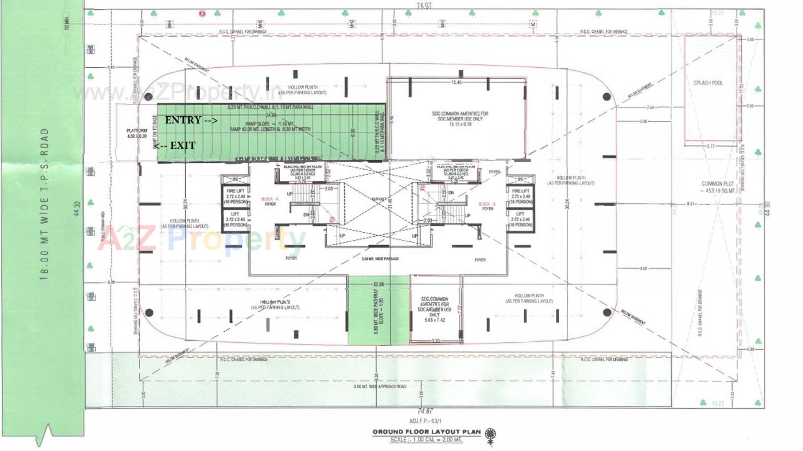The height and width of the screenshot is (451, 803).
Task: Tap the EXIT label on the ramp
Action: pyautogui.click(x=175, y=146)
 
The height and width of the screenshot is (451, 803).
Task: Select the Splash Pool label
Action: pyautogui.click(x=708, y=83)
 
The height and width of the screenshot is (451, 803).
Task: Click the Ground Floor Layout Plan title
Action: pyautogui.click(x=427, y=432)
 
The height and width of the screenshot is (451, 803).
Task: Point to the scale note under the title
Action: pyautogui.click(x=426, y=440)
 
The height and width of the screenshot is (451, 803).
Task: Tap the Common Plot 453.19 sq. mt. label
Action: pyautogui.click(x=718, y=187)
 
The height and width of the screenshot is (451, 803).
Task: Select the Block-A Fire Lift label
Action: pyautogui.click(x=235, y=196)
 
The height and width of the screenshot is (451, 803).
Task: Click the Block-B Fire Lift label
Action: pyautogui.click(x=521, y=196)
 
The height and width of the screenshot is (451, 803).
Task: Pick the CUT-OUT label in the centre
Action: pyautogui.click(x=379, y=199)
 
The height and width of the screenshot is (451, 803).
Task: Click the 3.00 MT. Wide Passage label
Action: pyautogui.click(x=380, y=259)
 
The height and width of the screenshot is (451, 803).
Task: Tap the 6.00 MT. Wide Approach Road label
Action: pyautogui.click(x=379, y=387)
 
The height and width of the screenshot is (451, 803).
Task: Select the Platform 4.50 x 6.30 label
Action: pyautogui.click(x=137, y=133)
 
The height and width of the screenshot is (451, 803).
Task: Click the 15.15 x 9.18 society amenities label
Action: pyautogui.click(x=460, y=119)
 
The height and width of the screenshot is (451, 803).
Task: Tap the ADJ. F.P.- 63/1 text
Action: pyautogui.click(x=425, y=421)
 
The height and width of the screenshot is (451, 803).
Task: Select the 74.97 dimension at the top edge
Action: pyautogui.click(x=424, y=6)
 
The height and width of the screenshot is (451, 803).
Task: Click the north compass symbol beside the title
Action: pyautogui.click(x=490, y=435)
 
